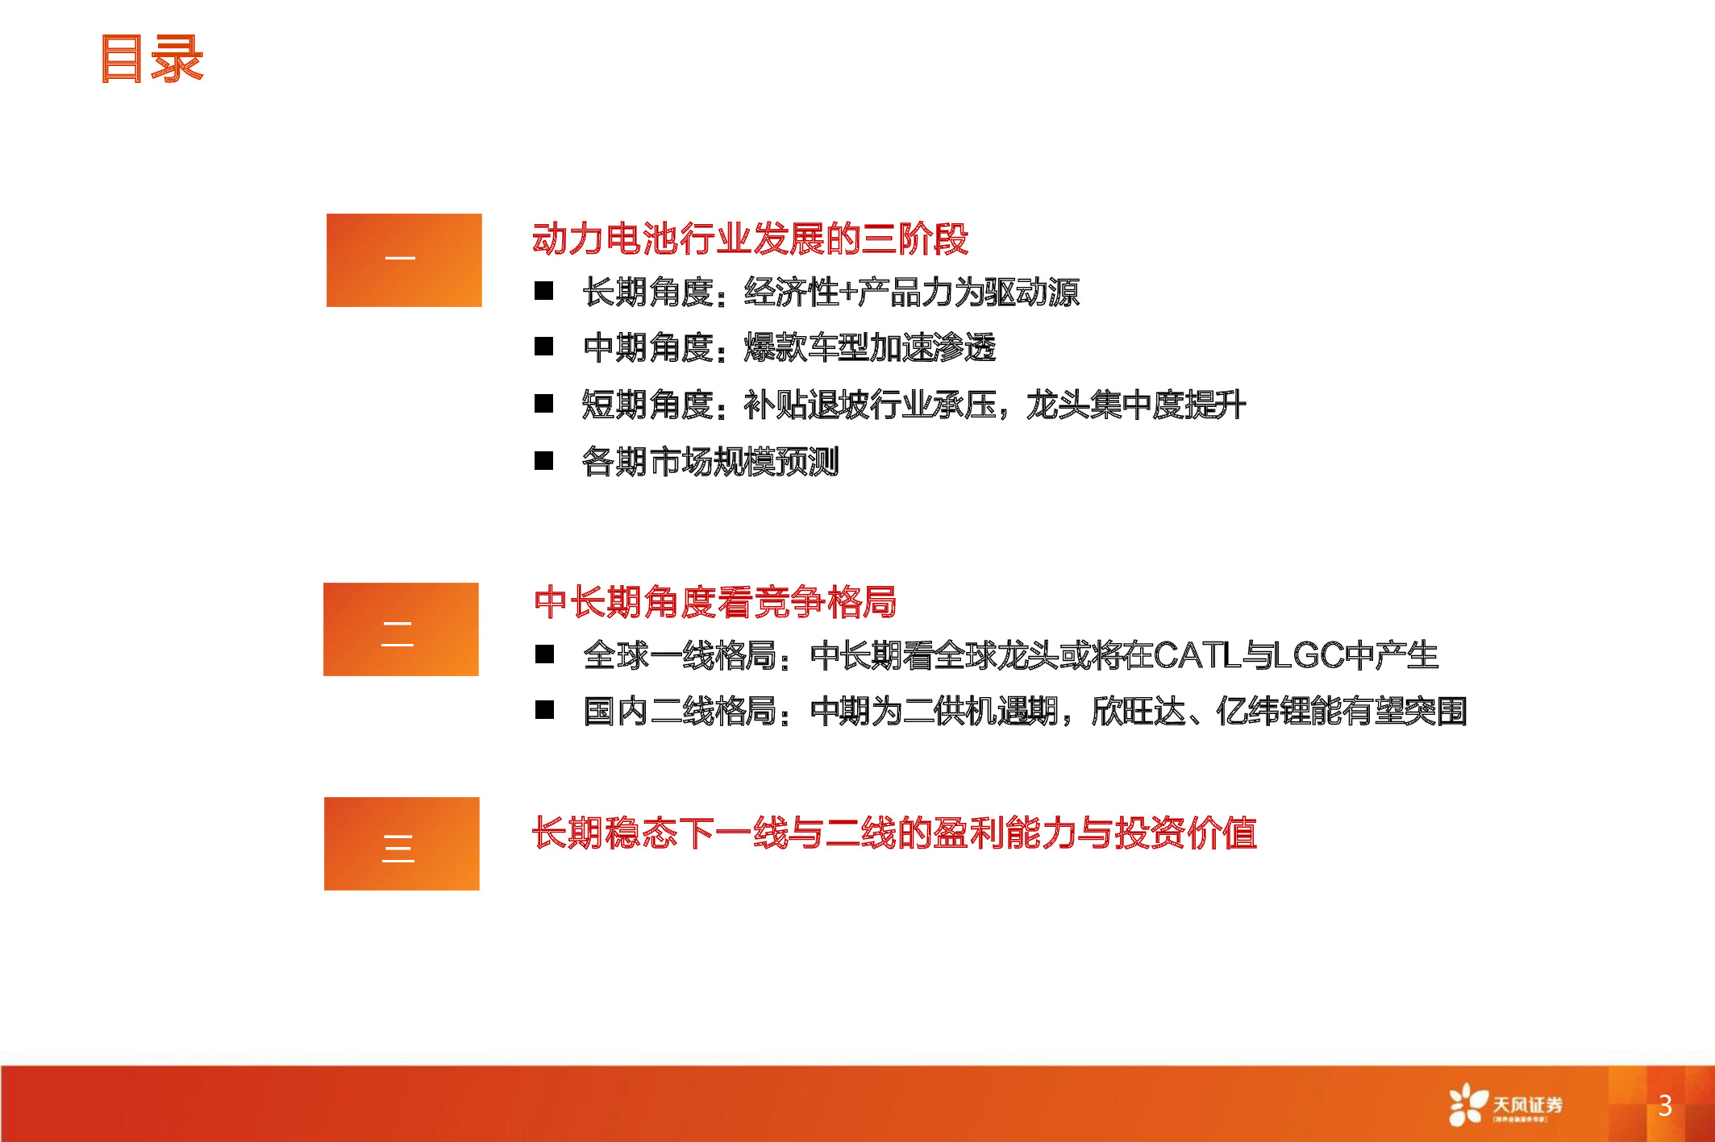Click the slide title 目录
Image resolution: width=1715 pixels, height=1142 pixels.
(152, 59)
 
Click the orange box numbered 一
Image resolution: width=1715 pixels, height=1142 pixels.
(404, 260)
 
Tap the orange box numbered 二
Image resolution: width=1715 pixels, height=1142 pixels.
(401, 629)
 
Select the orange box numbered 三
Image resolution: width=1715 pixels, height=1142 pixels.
(402, 843)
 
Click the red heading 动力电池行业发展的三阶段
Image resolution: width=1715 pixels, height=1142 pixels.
(750, 239)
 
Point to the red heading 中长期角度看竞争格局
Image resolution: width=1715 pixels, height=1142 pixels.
(714, 602)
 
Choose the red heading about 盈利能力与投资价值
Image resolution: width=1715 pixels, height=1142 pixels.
(893, 833)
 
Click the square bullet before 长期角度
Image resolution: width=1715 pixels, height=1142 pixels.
(544, 291)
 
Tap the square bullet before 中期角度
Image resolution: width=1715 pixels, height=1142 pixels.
(544, 347)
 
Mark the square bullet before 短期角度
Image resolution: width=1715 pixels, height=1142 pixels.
(544, 403)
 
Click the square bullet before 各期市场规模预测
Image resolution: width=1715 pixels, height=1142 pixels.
(544, 460)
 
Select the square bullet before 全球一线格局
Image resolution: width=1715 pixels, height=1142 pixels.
(545, 654)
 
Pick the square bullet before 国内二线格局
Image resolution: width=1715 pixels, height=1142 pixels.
(545, 709)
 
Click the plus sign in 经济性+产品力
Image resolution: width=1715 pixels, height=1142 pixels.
(847, 292)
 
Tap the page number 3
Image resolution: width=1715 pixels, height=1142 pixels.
(1664, 1105)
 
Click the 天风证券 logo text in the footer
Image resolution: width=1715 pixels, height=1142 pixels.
(1527, 1104)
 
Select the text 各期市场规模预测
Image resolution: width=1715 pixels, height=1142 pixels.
(710, 462)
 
